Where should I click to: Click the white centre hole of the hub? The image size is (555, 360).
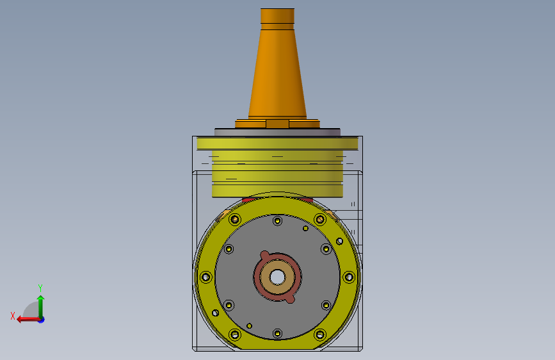[277, 277]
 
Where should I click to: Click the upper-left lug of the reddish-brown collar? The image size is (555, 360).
[264, 255]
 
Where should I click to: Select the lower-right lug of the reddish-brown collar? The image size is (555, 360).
[290, 299]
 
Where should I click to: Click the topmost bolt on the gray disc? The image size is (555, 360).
[277, 221]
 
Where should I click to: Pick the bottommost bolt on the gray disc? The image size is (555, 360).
[277, 334]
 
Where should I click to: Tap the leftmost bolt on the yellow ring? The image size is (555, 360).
[205, 277]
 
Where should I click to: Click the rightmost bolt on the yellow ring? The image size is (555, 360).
[349, 277]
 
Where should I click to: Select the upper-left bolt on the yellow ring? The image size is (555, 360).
[235, 220]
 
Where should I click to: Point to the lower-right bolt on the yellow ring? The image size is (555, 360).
[320, 334]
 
